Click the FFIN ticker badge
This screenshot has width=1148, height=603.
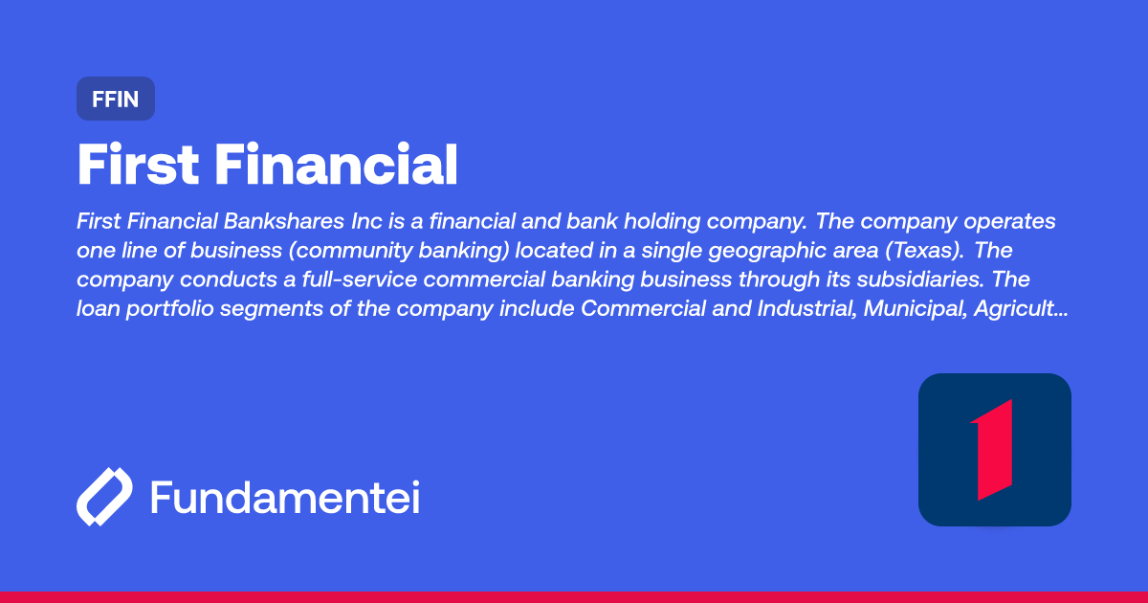(x=115, y=99)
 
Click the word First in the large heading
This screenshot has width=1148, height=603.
(x=138, y=166)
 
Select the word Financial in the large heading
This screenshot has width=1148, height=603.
(x=335, y=166)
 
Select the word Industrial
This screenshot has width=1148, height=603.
(x=790, y=310)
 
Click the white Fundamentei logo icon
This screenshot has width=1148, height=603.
(x=103, y=498)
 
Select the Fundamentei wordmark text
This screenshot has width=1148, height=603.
(x=285, y=498)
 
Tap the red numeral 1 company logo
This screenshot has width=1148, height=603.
(x=994, y=450)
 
